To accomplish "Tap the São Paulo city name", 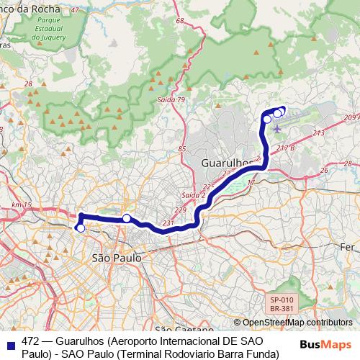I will tap(115, 257).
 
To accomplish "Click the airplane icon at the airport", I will tap(277, 128).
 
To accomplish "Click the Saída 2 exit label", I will tap(193, 195).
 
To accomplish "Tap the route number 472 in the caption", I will tap(30, 340).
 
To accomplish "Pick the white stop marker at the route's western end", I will tap(81, 228).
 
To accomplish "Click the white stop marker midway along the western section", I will tap(126, 218).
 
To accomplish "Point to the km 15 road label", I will tap(22, 206).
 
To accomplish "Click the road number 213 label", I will tap(319, 134).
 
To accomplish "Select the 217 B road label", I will tap(286, 148).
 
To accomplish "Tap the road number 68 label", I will tap(180, 22).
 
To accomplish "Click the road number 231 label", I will tap(168, 223).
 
